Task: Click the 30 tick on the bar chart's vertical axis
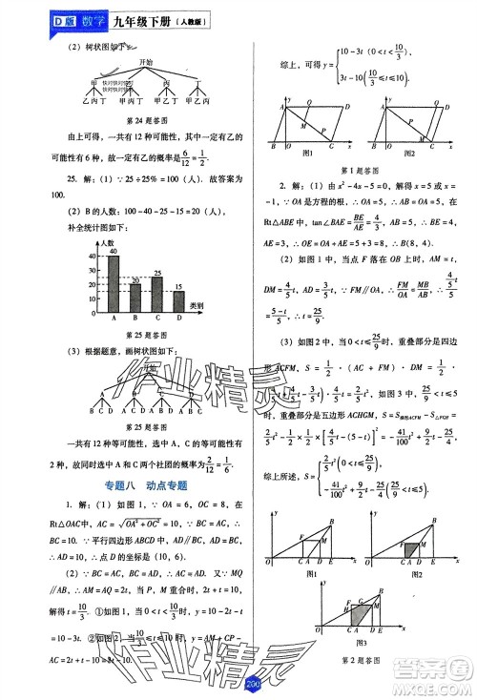(x=93, y=270)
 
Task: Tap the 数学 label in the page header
(x=62, y=18)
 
